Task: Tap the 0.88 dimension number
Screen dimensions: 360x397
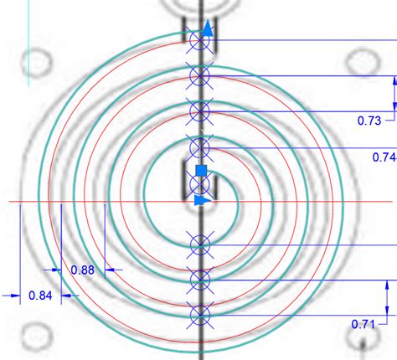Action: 82,270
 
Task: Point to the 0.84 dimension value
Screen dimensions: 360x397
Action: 40,295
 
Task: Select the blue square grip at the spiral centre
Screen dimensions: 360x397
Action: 200,171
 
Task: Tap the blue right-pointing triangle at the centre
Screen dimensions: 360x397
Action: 201,201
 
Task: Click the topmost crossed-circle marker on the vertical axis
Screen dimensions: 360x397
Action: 199,39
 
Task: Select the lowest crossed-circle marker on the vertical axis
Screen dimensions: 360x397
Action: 199,315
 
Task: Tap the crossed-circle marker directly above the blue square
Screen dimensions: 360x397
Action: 199,147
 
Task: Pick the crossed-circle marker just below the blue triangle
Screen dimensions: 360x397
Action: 199,244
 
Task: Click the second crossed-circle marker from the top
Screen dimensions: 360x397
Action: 199,75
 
